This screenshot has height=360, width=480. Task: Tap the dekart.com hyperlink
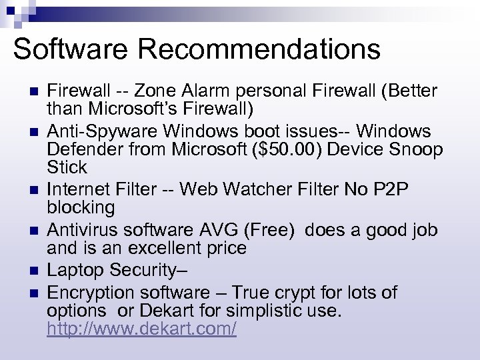tap(141, 329)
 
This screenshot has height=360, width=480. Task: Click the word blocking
tap(81, 207)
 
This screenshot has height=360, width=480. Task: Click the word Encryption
tap(91, 292)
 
